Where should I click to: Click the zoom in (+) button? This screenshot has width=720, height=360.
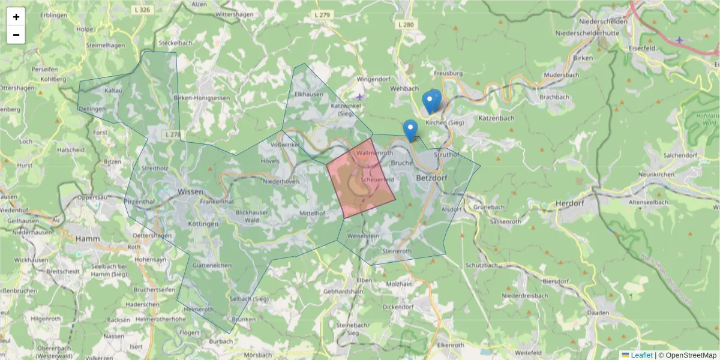[x=16, y=17]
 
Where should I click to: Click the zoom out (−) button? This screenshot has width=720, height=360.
[x=16, y=35]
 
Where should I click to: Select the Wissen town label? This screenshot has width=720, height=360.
[x=190, y=192]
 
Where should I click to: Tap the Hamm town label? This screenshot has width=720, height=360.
[x=88, y=239]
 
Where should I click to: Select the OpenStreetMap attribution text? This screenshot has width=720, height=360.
[x=687, y=355]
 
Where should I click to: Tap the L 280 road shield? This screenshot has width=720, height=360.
[x=406, y=25]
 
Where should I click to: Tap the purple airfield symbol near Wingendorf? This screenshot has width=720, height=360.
[x=359, y=97]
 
